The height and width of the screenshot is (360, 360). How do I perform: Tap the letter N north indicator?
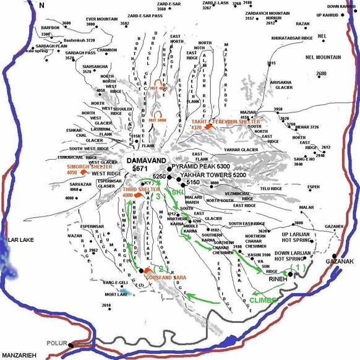point(41,5)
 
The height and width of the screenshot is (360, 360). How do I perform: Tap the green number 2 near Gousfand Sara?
point(160,268)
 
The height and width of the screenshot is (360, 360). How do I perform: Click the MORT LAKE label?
point(116,294)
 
